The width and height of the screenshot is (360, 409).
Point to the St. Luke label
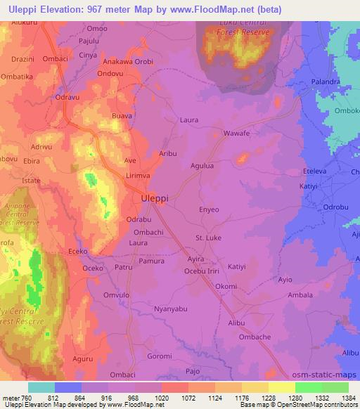coord(208,238)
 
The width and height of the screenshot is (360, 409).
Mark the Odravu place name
coord(69,97)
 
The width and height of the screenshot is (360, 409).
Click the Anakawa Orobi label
coord(127,60)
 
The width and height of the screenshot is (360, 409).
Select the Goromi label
coord(159,356)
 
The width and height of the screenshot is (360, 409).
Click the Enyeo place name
coord(210,209)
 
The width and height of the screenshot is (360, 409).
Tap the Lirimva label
coord(138,174)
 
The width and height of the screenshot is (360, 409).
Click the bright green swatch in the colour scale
coord(309,387)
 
